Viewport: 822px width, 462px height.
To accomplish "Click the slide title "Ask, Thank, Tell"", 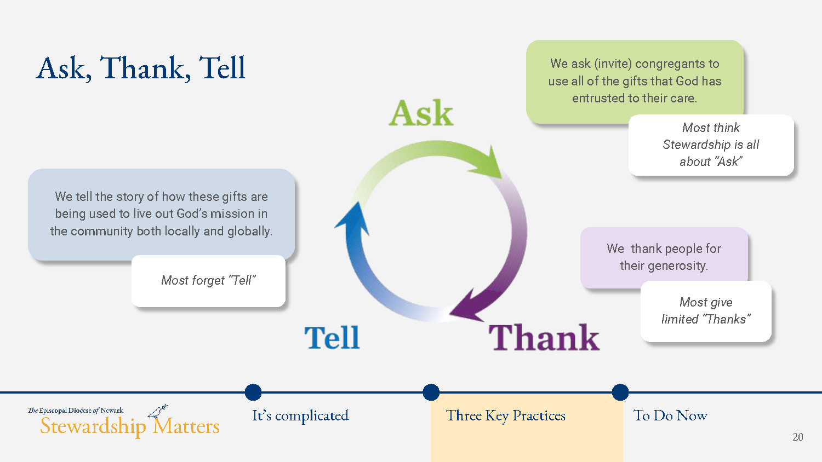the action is pyautogui.click(x=140, y=68).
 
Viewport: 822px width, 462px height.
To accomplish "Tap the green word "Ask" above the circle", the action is pyautogui.click(x=421, y=113).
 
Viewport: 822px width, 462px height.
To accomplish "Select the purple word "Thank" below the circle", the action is pyautogui.click(x=544, y=337).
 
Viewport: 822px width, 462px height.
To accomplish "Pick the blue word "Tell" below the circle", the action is pyautogui.click(x=332, y=337).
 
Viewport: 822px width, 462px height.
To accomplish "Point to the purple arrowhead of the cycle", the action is pyautogui.click(x=466, y=306).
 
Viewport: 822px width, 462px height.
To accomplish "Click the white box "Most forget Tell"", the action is pyautogui.click(x=208, y=281).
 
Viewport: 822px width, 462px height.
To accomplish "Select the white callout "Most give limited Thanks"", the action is pyautogui.click(x=706, y=311).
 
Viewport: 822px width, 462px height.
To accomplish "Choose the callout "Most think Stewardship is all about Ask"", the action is pyautogui.click(x=711, y=145).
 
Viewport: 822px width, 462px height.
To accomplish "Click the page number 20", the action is pyautogui.click(x=798, y=437).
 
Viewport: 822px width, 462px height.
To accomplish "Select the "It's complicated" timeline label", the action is pyautogui.click(x=300, y=416).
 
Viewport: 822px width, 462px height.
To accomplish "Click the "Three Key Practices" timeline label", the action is pyautogui.click(x=506, y=416).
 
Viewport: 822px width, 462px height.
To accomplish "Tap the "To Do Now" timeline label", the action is pyautogui.click(x=670, y=415).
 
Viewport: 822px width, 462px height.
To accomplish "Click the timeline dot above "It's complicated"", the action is pyautogui.click(x=253, y=392).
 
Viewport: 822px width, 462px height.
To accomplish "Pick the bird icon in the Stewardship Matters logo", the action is pyautogui.click(x=158, y=412).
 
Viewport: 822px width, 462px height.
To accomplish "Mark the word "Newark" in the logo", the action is pyautogui.click(x=112, y=411).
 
